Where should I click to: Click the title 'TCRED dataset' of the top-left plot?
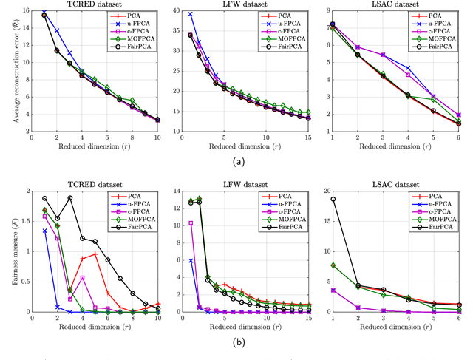[94, 4]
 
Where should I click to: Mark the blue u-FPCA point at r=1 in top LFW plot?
[191, 14]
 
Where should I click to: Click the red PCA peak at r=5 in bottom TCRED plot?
[95, 254]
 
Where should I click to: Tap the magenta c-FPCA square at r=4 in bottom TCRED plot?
[83, 278]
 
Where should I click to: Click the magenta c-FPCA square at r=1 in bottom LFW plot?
[191, 223]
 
